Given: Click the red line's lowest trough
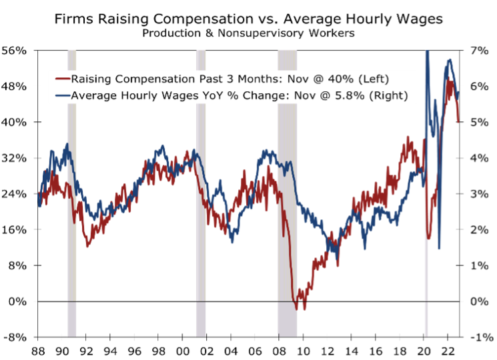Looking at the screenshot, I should point(305,309).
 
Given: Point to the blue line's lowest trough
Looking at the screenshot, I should point(439,248).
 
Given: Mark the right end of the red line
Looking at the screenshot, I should point(458,122).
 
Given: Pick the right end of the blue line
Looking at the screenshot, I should point(458,94).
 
